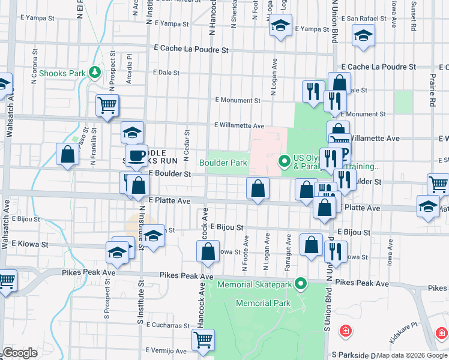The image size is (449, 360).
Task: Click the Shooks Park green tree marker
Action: pyautogui.click(x=94, y=73)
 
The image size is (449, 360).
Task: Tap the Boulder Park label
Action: pyautogui.click(x=223, y=163)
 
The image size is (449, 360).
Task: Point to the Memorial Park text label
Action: pyautogui.click(x=263, y=303)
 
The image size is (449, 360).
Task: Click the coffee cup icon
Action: pyautogui.click(x=137, y=156)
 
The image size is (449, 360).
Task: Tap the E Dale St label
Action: pyautogui.click(x=166, y=73)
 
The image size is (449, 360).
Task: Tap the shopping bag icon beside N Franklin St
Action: pyautogui.click(x=67, y=154)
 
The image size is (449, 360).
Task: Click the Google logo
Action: pyautogui.click(x=19, y=352)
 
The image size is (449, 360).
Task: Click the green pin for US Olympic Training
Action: pyautogui.click(x=285, y=161)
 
